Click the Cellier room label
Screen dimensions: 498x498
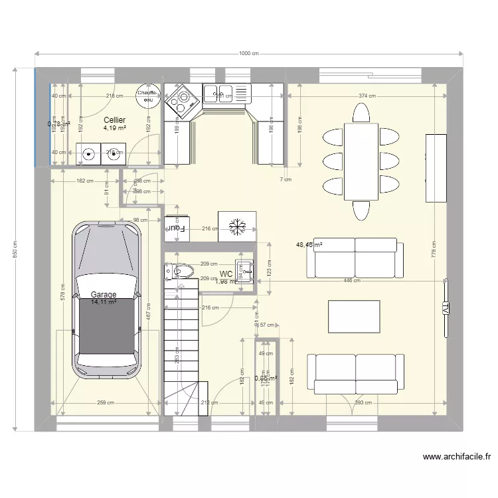(115, 120)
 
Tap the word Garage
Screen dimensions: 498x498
(104, 295)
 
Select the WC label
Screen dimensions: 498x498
(226, 274)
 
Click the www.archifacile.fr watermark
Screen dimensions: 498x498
(457, 457)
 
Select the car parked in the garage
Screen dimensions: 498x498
(108, 299)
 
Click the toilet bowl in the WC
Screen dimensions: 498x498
(181, 270)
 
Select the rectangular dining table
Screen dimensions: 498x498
(361, 161)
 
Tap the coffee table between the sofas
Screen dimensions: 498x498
(354, 316)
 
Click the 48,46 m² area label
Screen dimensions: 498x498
(309, 245)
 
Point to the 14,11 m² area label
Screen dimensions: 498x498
(104, 302)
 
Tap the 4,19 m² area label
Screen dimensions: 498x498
(115, 128)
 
